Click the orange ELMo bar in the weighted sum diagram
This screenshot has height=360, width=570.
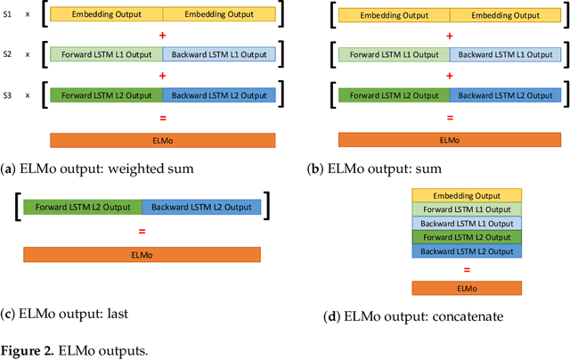162,140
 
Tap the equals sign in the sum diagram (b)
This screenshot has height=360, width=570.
450,117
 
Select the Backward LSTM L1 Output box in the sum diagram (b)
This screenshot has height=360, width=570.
506,54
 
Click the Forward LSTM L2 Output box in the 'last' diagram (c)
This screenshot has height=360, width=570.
83,208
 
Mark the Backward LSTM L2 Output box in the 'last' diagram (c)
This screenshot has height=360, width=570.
201,208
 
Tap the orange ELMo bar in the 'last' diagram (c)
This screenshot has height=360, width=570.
142,254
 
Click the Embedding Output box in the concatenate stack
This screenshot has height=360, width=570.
466,195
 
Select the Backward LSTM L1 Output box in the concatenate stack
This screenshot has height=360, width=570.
466,224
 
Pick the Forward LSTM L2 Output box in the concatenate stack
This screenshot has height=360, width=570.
466,238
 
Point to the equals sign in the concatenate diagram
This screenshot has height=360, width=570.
466,269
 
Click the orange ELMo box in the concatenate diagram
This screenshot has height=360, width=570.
466,288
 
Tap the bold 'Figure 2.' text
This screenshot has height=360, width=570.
30,351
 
